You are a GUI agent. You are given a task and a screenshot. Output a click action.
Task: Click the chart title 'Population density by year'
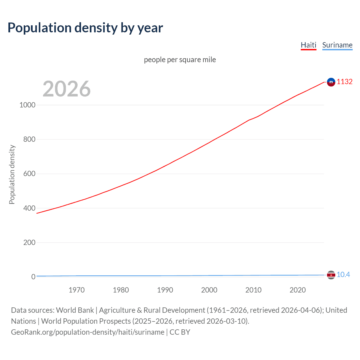85,28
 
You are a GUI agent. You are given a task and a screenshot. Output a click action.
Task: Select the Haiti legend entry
309,45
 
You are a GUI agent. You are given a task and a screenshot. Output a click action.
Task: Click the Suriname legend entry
337,45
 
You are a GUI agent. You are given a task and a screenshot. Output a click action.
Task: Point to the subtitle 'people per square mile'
180,60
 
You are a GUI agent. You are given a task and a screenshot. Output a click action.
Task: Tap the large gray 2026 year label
67,89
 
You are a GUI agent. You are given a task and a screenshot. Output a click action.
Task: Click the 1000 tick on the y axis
27,105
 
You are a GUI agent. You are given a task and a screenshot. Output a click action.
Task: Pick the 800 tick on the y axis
29,139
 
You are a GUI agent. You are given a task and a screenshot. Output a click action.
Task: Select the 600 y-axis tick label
29,174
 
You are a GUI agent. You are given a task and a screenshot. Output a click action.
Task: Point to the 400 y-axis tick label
29,208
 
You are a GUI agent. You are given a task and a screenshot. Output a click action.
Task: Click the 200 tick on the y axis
29,242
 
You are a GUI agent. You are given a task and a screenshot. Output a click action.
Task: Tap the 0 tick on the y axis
33,277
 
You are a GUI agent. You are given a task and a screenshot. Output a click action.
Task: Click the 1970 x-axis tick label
76,290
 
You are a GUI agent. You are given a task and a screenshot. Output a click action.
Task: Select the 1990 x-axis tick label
165,290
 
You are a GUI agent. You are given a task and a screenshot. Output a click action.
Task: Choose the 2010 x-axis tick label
253,290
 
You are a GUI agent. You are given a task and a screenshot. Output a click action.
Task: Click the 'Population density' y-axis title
12,174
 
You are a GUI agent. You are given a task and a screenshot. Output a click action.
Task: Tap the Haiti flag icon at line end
331,82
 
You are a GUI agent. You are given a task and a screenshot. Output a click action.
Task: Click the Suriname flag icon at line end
331,275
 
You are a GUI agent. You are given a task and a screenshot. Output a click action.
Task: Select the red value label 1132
345,82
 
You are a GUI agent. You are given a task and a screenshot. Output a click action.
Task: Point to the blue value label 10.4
343,274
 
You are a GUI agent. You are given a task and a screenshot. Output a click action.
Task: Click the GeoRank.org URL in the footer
87,332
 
